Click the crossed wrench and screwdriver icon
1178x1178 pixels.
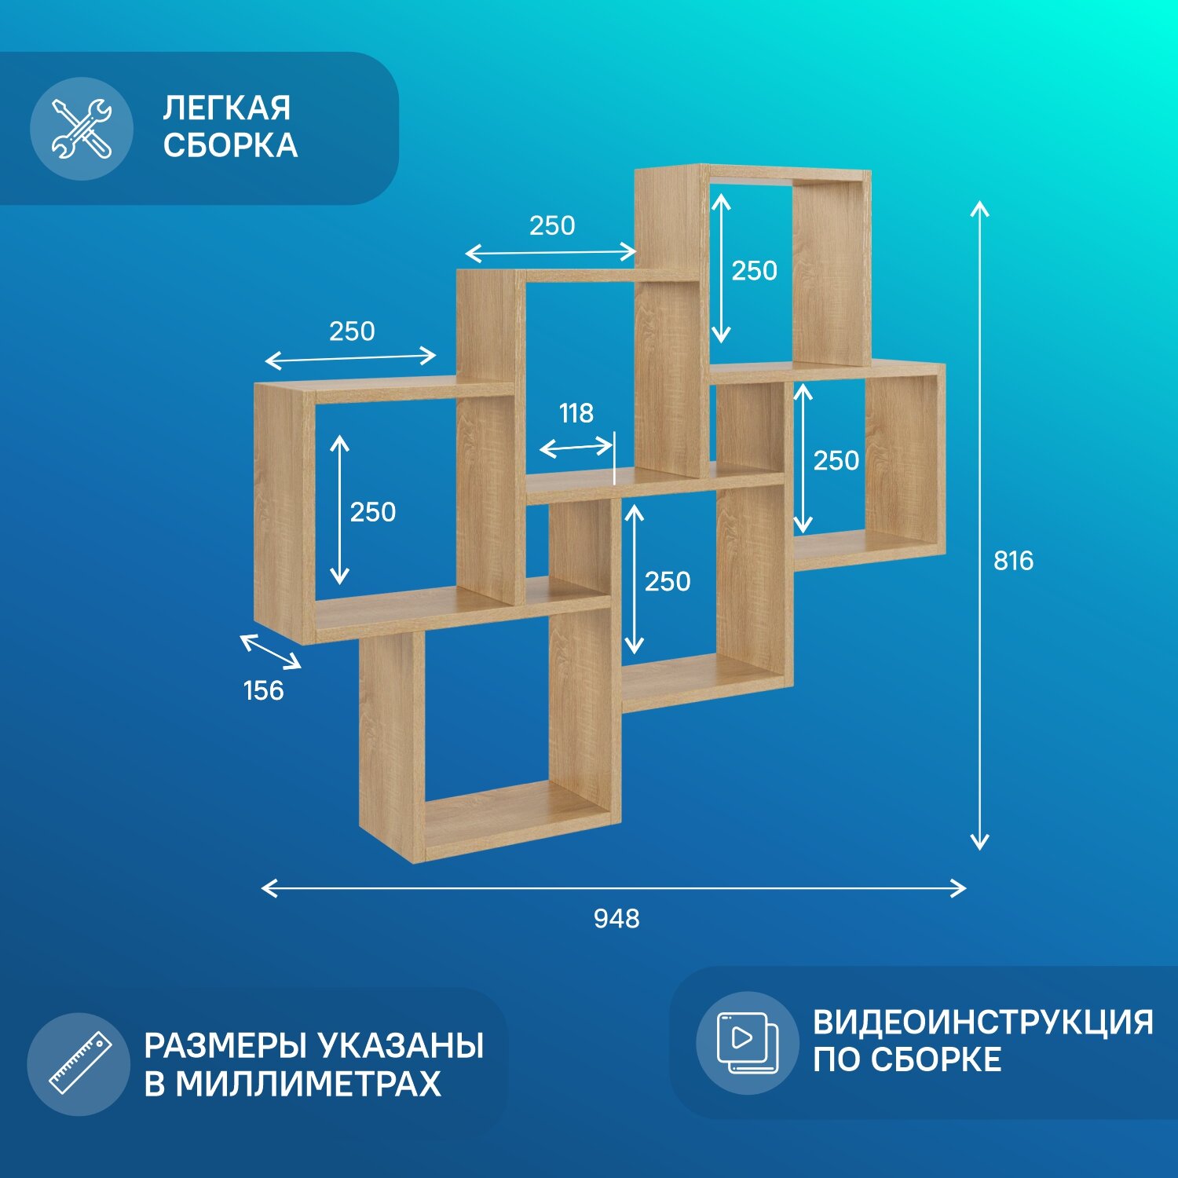(81, 129)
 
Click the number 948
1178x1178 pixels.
(616, 918)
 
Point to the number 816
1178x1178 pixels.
(1013, 561)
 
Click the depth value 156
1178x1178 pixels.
(263, 690)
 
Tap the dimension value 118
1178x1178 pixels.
(576, 413)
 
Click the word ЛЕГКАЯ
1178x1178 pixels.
(227, 108)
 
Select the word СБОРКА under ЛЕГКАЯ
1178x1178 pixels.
(230, 145)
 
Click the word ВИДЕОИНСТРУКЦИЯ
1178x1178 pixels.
(982, 1023)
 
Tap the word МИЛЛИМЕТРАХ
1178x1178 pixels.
(308, 1085)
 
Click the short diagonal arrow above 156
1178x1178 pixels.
(270, 652)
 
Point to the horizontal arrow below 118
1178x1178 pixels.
(576, 448)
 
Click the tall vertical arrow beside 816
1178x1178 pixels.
(979, 525)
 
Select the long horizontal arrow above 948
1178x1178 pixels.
(613, 888)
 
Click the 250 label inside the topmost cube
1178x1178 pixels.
(754, 270)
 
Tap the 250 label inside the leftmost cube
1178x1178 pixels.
(372, 512)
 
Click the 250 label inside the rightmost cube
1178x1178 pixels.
(836, 460)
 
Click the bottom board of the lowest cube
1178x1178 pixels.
(514, 821)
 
